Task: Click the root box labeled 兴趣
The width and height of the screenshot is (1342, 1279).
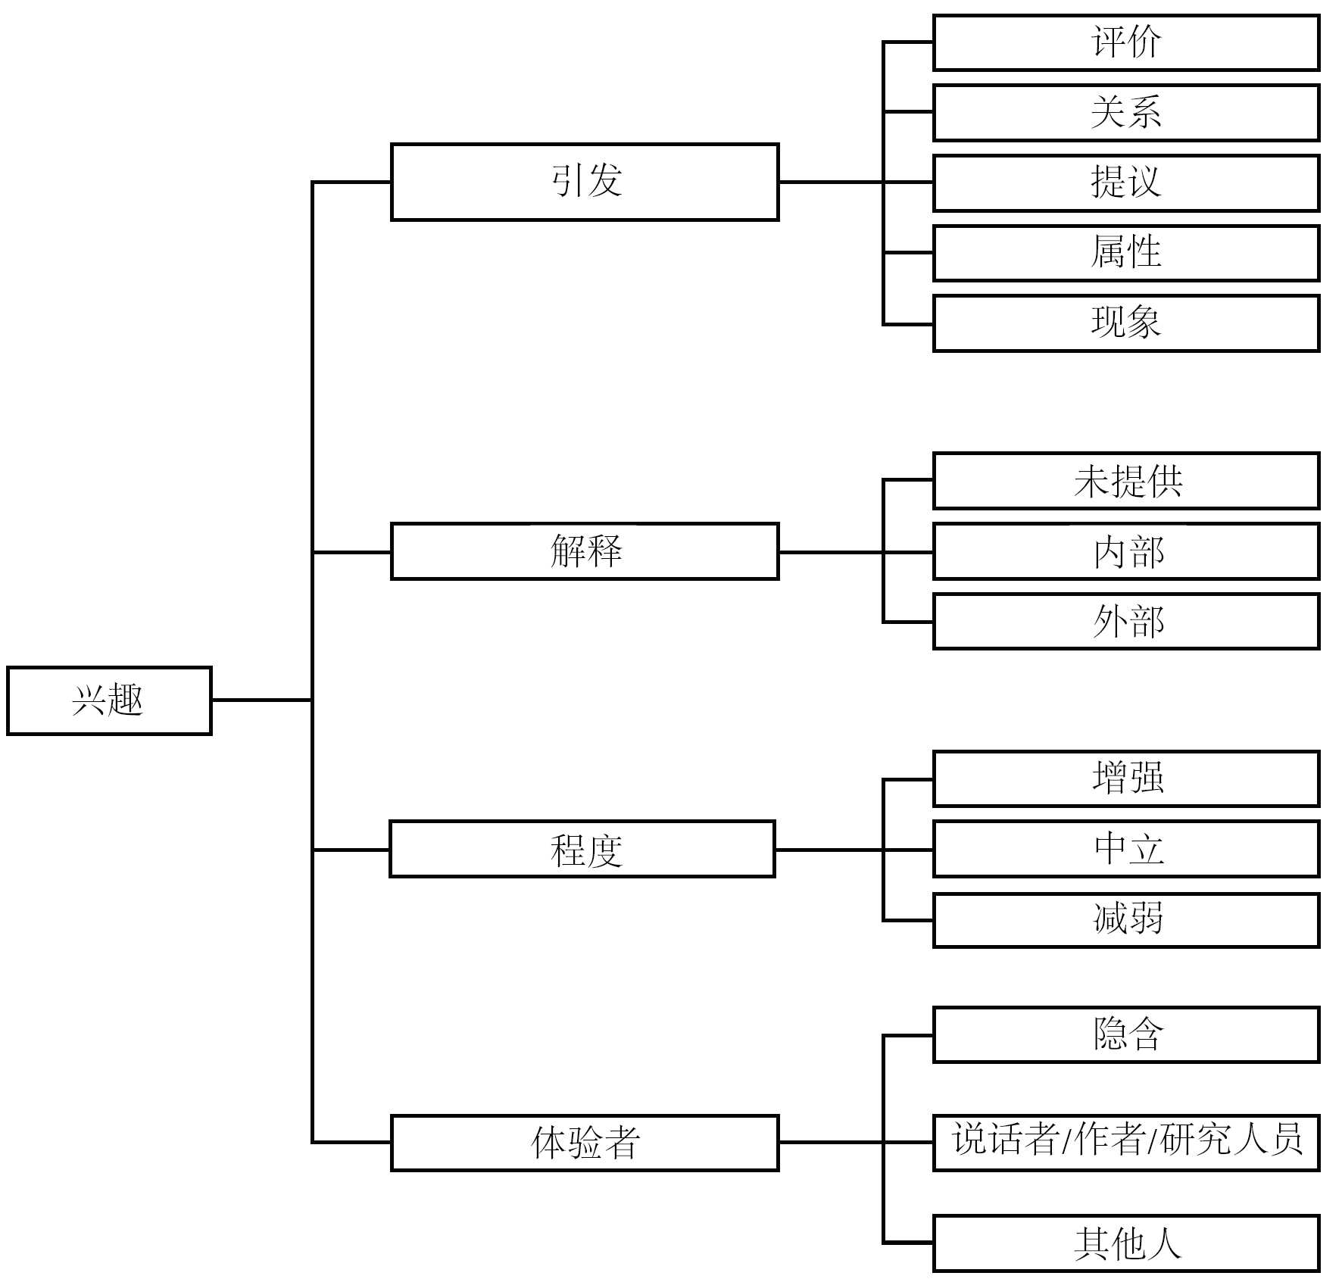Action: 109,700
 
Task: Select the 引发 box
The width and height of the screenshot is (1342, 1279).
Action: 585,182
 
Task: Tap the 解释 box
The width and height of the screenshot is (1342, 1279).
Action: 585,551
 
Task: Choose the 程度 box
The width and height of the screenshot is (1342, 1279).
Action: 582,849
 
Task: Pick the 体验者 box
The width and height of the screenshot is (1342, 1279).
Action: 585,1143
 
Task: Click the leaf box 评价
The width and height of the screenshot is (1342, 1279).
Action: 1126,42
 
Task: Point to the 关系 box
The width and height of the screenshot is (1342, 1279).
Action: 1126,113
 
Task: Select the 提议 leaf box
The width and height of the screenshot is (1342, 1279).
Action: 1126,182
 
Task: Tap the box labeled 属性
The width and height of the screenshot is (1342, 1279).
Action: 1126,253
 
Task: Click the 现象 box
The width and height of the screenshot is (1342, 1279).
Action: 1126,323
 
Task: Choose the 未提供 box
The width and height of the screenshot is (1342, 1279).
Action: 1126,481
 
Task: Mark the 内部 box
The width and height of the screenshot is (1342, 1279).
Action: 1126,551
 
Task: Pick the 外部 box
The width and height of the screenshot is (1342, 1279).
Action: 1126,622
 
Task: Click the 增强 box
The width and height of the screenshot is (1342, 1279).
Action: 1126,778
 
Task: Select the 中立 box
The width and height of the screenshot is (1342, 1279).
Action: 1126,849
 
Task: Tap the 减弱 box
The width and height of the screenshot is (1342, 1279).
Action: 1126,920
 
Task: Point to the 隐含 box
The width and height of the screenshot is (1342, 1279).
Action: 1126,1034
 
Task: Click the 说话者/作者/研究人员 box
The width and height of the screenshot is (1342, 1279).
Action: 1126,1143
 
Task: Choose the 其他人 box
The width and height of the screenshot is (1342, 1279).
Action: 1126,1243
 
